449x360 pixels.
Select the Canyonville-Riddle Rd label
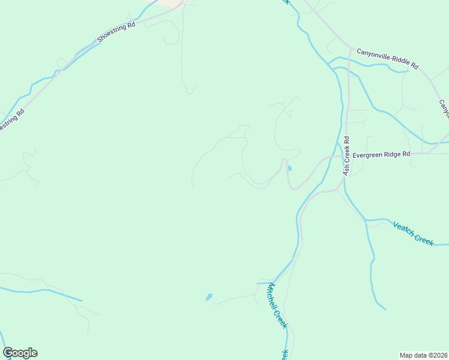(387, 58)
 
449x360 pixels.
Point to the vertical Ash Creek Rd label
(346, 156)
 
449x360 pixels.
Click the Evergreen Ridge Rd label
(381, 154)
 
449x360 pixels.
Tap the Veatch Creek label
(413, 233)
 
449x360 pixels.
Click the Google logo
(20, 353)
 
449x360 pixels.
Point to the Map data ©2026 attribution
(423, 355)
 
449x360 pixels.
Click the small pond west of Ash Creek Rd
(289, 169)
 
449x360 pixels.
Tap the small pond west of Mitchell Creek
(209, 297)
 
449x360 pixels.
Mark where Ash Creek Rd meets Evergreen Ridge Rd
(346, 154)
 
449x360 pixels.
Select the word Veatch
(405, 229)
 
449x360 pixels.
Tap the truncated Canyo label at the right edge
(444, 109)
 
